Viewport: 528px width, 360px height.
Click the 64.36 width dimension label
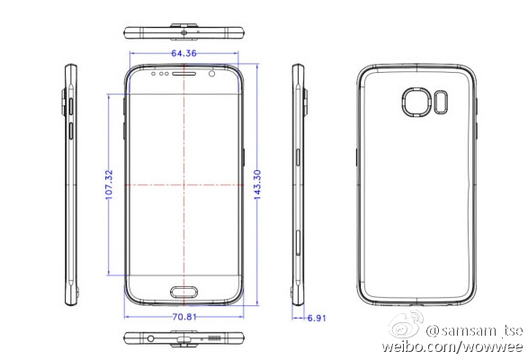pos(183,54)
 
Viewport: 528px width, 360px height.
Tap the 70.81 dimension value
pos(183,317)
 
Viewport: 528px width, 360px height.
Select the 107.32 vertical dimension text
pos(109,184)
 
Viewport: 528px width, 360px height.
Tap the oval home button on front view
pos(184,292)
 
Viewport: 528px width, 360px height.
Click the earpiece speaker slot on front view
pos(184,74)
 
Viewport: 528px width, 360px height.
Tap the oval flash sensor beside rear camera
pos(442,102)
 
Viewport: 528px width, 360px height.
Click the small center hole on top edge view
pos(184,33)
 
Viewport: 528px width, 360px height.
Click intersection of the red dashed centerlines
pos(184,184)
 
